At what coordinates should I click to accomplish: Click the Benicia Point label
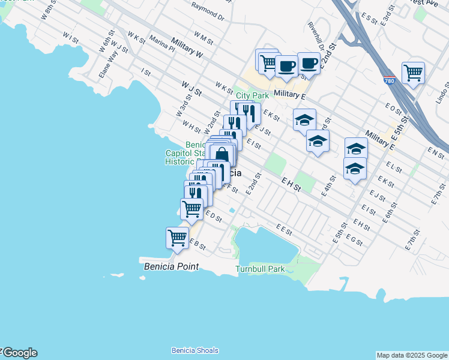171,264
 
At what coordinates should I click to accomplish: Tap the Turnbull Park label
260,269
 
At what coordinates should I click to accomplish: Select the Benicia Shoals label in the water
194,350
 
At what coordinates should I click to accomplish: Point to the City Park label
252,95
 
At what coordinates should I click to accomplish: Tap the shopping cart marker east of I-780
413,73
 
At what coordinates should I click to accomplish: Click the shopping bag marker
221,154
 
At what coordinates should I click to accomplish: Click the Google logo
19,353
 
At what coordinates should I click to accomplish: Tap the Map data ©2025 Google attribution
412,355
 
